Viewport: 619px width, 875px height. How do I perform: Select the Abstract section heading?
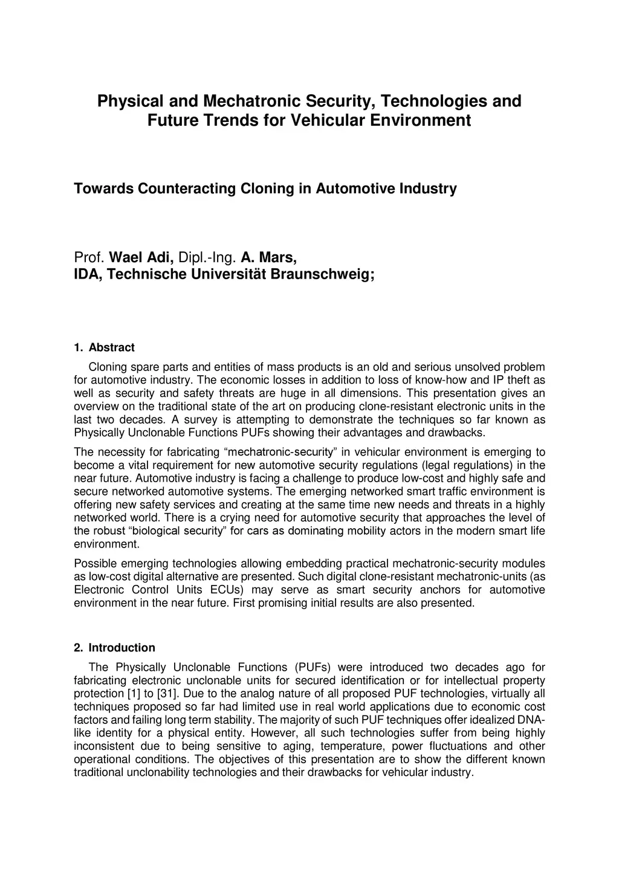[111, 347]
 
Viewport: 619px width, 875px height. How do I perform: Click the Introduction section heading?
[122, 648]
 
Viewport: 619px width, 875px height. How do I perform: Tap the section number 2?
[78, 648]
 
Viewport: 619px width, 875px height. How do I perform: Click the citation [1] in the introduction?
[133, 694]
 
